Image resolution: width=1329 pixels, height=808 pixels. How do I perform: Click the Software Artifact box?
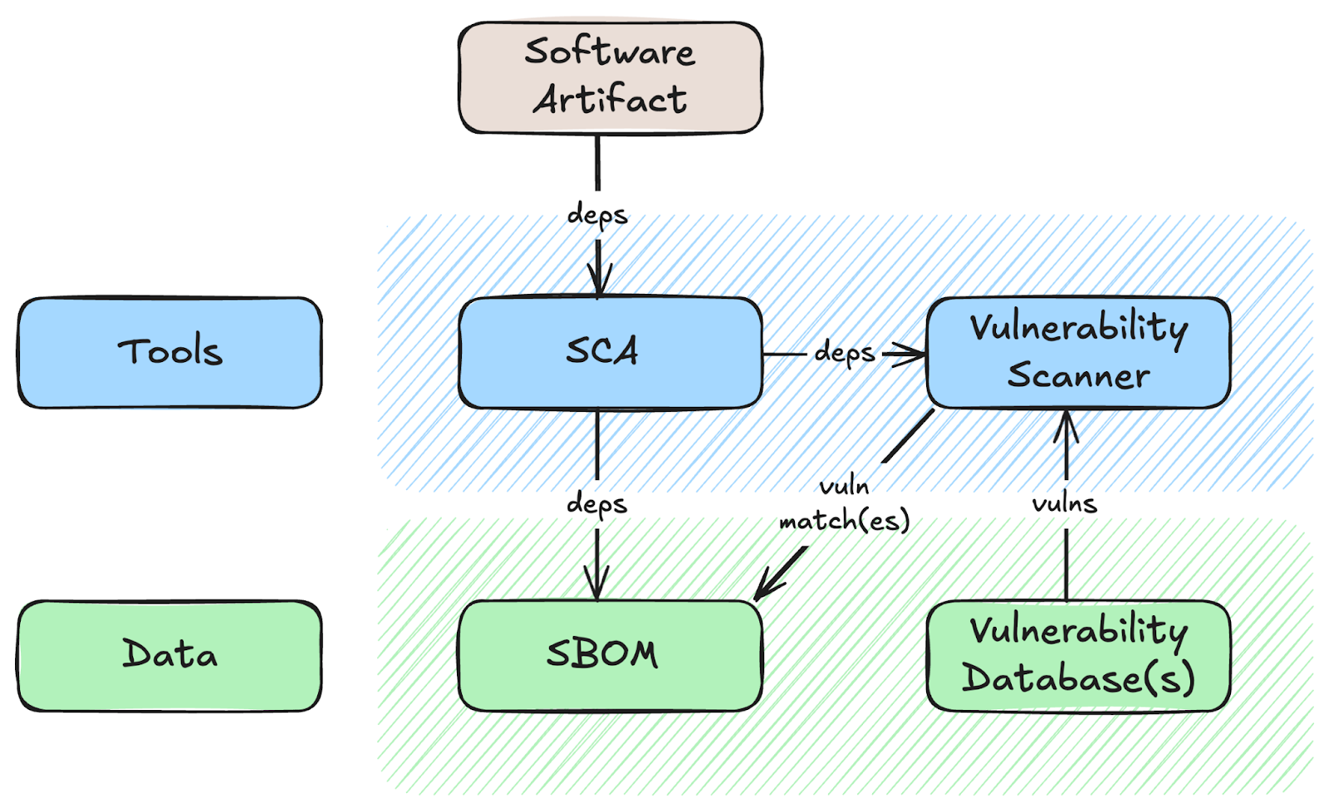click(610, 78)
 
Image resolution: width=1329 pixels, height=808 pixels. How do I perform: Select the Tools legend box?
click(169, 352)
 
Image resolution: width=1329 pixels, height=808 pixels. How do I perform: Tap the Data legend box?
click(169, 655)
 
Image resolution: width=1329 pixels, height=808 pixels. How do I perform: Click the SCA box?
click(610, 352)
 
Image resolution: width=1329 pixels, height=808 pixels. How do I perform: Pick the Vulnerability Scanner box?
click(1079, 352)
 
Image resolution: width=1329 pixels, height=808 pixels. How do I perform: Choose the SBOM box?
click(610, 655)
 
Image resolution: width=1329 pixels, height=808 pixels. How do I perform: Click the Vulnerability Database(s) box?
click(1079, 655)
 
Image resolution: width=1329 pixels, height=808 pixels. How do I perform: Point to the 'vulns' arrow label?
click(1065, 504)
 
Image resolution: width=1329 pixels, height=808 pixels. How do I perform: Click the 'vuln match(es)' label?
click(844, 505)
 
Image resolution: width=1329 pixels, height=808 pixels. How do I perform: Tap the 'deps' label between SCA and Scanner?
click(844, 354)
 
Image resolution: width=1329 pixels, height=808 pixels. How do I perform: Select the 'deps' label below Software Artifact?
click(597, 215)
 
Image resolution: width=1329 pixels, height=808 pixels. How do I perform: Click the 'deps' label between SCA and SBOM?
click(597, 505)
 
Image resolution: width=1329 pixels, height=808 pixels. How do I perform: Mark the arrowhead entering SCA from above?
click(599, 280)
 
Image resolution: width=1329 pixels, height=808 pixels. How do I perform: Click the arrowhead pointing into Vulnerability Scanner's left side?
click(909, 354)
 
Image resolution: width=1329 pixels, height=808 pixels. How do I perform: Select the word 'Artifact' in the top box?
click(610, 99)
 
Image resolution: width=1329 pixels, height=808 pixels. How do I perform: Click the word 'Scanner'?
click(1079, 375)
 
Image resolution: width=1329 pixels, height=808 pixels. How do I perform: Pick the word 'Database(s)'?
click(1079, 678)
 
